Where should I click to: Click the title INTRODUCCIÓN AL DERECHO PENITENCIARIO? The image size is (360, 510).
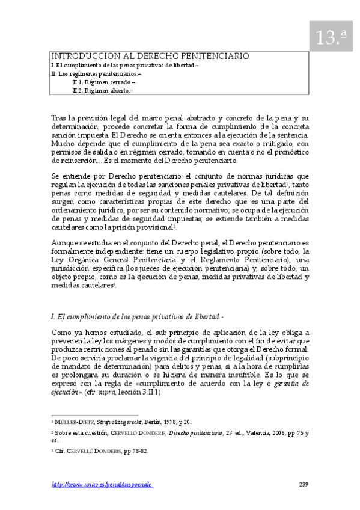[x=150, y=56]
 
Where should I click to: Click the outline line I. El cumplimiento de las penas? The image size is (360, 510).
[x=124, y=65]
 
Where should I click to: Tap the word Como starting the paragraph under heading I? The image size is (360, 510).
[x=62, y=333]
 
